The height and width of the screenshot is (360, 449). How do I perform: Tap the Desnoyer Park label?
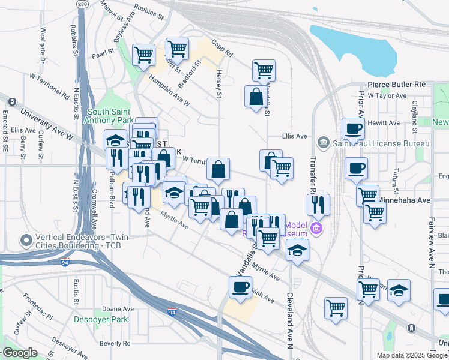101,319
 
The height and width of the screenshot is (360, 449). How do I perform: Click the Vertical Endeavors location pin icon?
26,241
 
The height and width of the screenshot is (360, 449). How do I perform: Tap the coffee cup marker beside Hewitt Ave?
353,128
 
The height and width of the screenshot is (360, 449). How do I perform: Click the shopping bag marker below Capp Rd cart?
256,97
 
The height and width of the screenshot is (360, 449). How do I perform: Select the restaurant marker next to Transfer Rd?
318,205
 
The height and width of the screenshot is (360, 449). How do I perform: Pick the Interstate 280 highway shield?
82,4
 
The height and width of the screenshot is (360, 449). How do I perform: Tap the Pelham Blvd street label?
112,192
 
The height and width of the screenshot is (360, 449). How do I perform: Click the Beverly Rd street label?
115,344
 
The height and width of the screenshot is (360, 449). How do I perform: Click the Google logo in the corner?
19,353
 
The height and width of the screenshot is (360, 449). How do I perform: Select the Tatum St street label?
396,177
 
